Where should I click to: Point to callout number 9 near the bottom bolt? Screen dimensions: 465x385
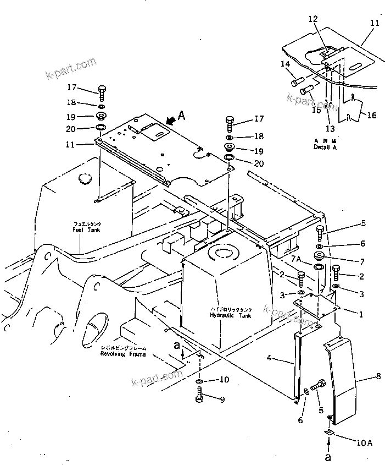222,400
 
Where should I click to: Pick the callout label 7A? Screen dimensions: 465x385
297,259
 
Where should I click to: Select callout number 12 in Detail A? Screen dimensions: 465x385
314,19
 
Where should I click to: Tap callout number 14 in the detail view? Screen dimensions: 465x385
285,64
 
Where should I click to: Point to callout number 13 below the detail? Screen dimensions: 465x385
330,128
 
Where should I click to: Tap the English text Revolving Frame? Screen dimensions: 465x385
124,354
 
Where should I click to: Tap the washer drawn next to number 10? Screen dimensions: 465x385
199,380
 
